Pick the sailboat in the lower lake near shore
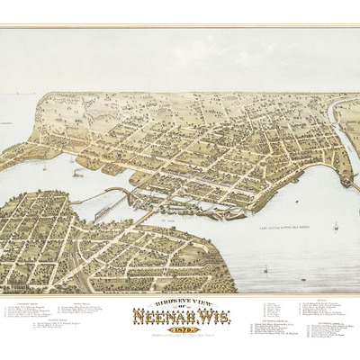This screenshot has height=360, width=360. tap(265, 267)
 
